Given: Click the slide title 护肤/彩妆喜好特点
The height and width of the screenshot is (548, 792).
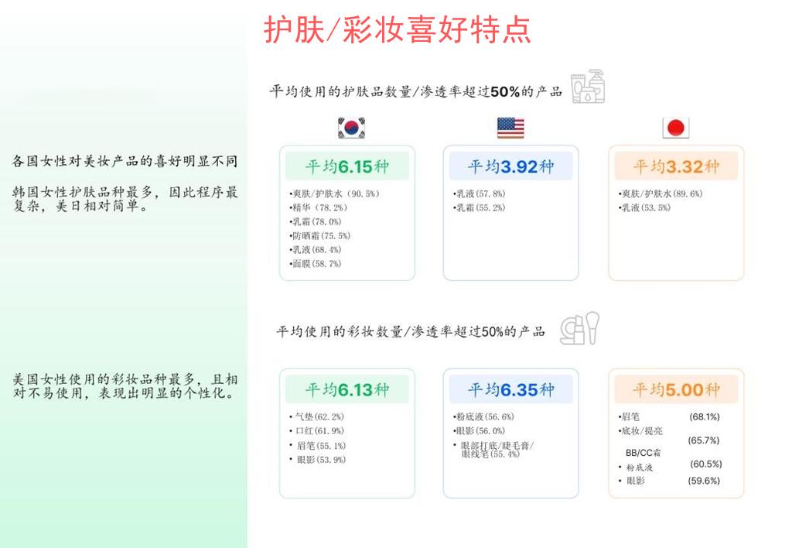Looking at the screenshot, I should (x=397, y=30).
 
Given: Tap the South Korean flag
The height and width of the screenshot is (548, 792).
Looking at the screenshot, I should (x=351, y=128).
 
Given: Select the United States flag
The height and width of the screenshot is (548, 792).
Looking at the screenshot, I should (x=510, y=128).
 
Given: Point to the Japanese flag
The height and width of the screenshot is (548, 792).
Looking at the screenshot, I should (x=676, y=128).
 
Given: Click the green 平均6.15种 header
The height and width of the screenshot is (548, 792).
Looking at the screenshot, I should (x=346, y=166).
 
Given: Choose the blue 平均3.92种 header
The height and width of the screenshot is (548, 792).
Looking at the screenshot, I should (x=510, y=166).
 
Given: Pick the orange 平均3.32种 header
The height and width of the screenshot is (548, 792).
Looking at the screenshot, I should (x=676, y=166).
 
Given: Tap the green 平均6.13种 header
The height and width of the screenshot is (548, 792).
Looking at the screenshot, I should (x=346, y=389).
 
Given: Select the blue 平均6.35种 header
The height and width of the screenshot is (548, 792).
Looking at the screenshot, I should (x=510, y=389).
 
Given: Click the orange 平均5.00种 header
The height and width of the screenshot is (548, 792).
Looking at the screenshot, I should (x=676, y=389).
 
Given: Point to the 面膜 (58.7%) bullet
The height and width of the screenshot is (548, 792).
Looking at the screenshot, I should (x=316, y=264).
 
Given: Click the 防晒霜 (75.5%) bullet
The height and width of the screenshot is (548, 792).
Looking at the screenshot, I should (x=319, y=236).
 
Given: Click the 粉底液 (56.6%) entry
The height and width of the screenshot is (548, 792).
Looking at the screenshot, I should (x=485, y=416).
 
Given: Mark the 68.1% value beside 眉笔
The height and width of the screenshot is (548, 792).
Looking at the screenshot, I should (x=704, y=416).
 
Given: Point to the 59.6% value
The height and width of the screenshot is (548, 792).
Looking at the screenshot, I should (x=704, y=481).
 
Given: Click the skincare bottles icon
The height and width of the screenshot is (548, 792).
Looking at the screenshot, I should (x=588, y=87).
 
